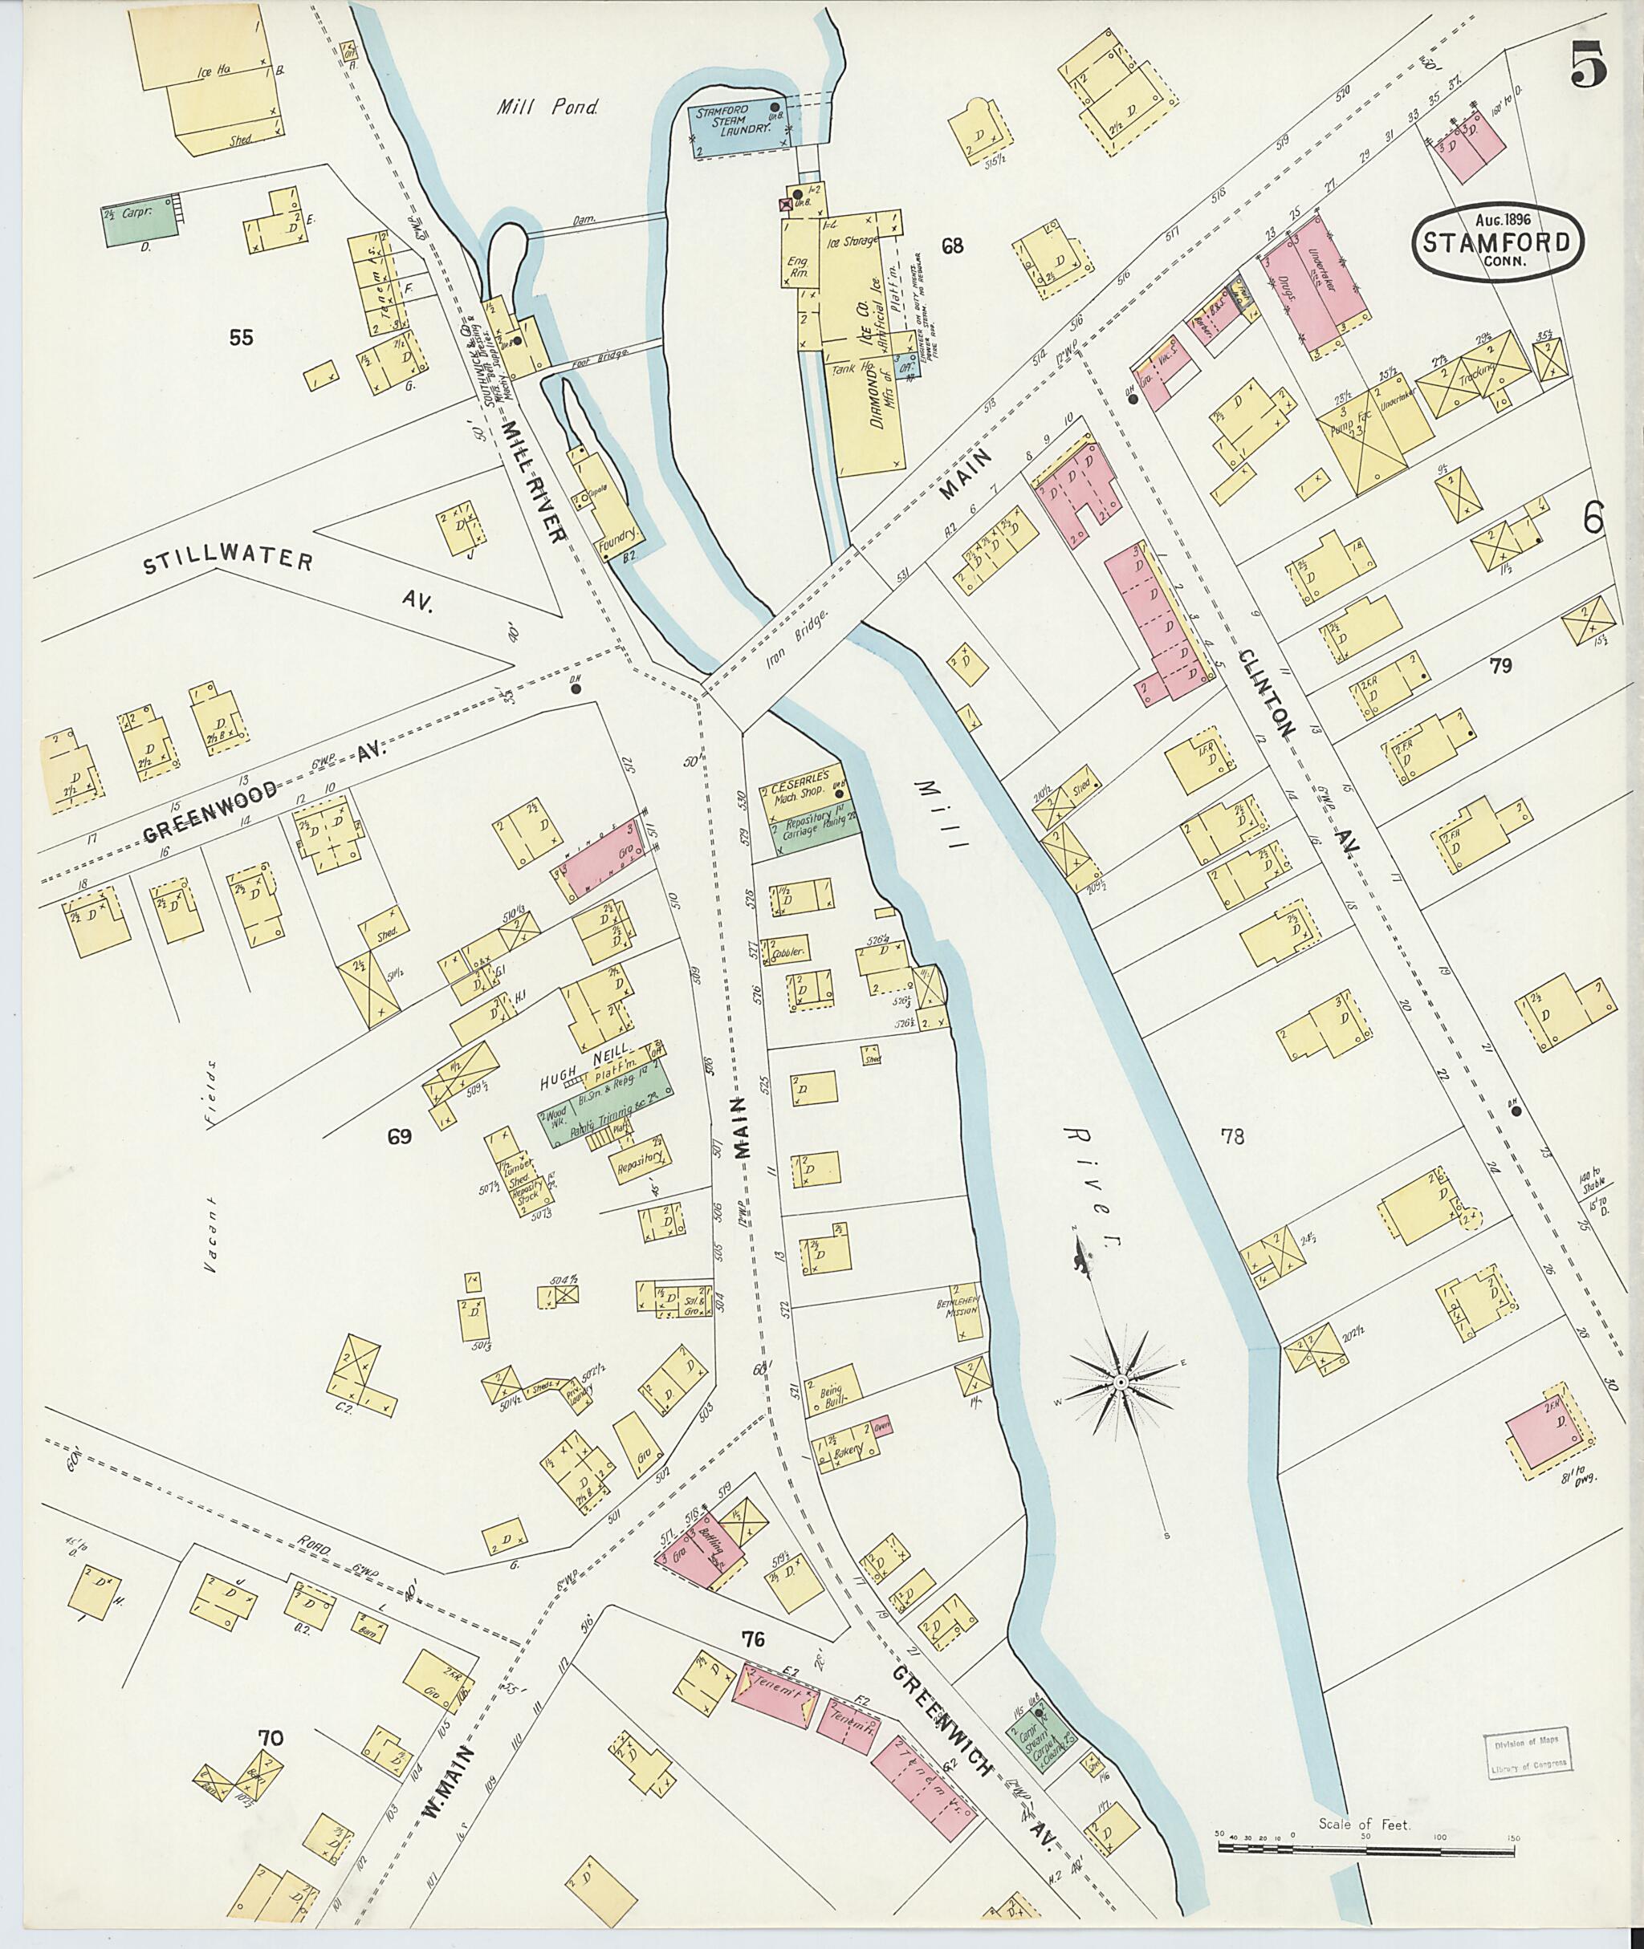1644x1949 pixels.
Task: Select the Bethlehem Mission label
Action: coord(959,1303)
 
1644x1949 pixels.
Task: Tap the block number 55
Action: coord(241,337)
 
